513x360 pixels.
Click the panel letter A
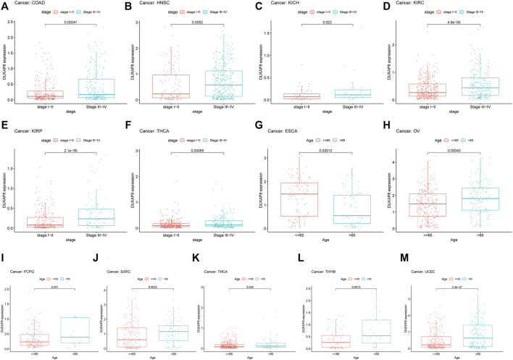pyautogui.click(x=4, y=5)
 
